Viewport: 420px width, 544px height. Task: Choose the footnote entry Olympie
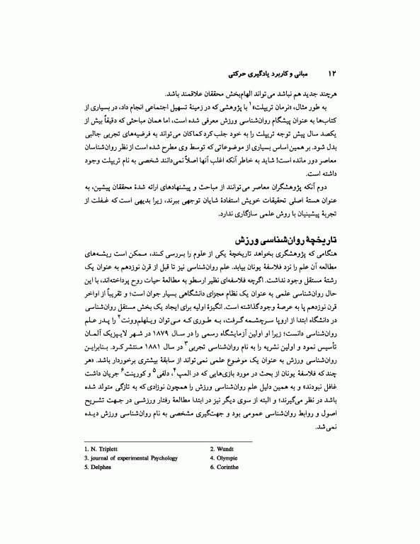click(x=225, y=458)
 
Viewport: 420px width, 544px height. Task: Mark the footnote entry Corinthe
click(x=227, y=467)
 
